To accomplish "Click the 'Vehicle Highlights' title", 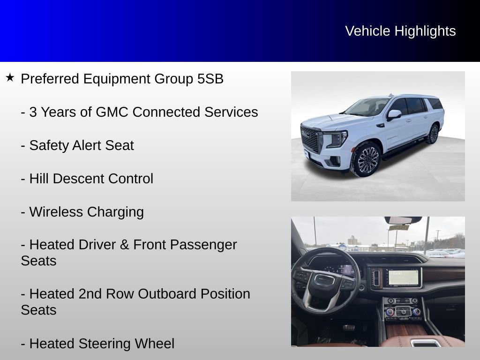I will point(400,31).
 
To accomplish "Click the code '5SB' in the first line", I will point(210,79).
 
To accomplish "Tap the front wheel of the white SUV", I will point(367,159).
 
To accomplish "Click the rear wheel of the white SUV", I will point(433,134).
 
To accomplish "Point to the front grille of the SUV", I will point(311,139).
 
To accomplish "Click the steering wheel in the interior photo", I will point(324,281).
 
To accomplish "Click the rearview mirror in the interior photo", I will point(403,220).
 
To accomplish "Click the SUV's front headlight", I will point(337,138).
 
